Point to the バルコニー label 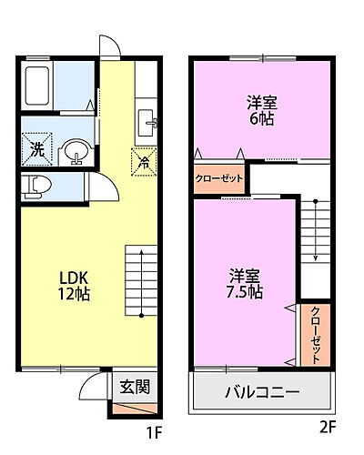pos(262,393)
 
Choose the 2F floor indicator pos(327,425)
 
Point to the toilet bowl pos(38,186)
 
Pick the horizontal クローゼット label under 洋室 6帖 pos(219,178)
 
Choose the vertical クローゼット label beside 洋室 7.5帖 pos(315,334)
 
